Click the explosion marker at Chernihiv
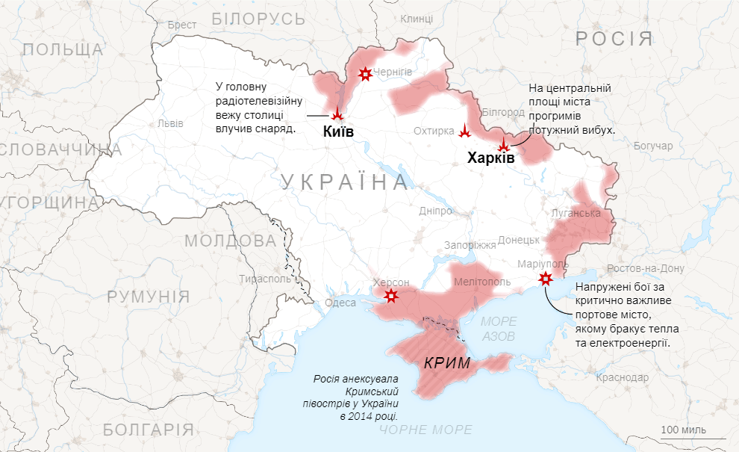[365, 73]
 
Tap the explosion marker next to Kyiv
[337, 114]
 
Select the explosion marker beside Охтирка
[465, 131]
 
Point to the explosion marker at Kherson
[390, 297]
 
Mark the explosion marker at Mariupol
[546, 279]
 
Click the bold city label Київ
[338, 132]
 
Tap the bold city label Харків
[490, 158]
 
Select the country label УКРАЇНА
[345, 182]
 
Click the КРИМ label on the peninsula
[446, 364]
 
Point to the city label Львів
[170, 123]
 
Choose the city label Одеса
[340, 303]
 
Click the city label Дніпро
[435, 211]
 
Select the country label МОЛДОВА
[230, 241]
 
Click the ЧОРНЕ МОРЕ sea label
[425, 430]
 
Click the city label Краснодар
[622, 377]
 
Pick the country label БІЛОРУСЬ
[258, 19]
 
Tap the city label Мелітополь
[482, 282]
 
